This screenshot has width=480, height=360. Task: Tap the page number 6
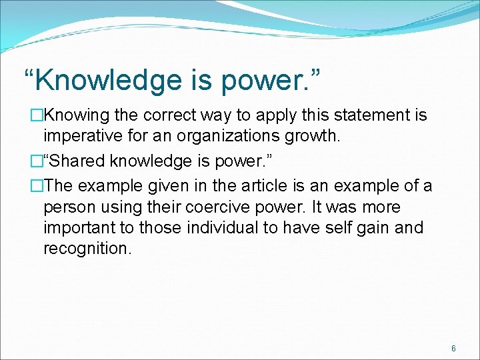pyautogui.click(x=453, y=349)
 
